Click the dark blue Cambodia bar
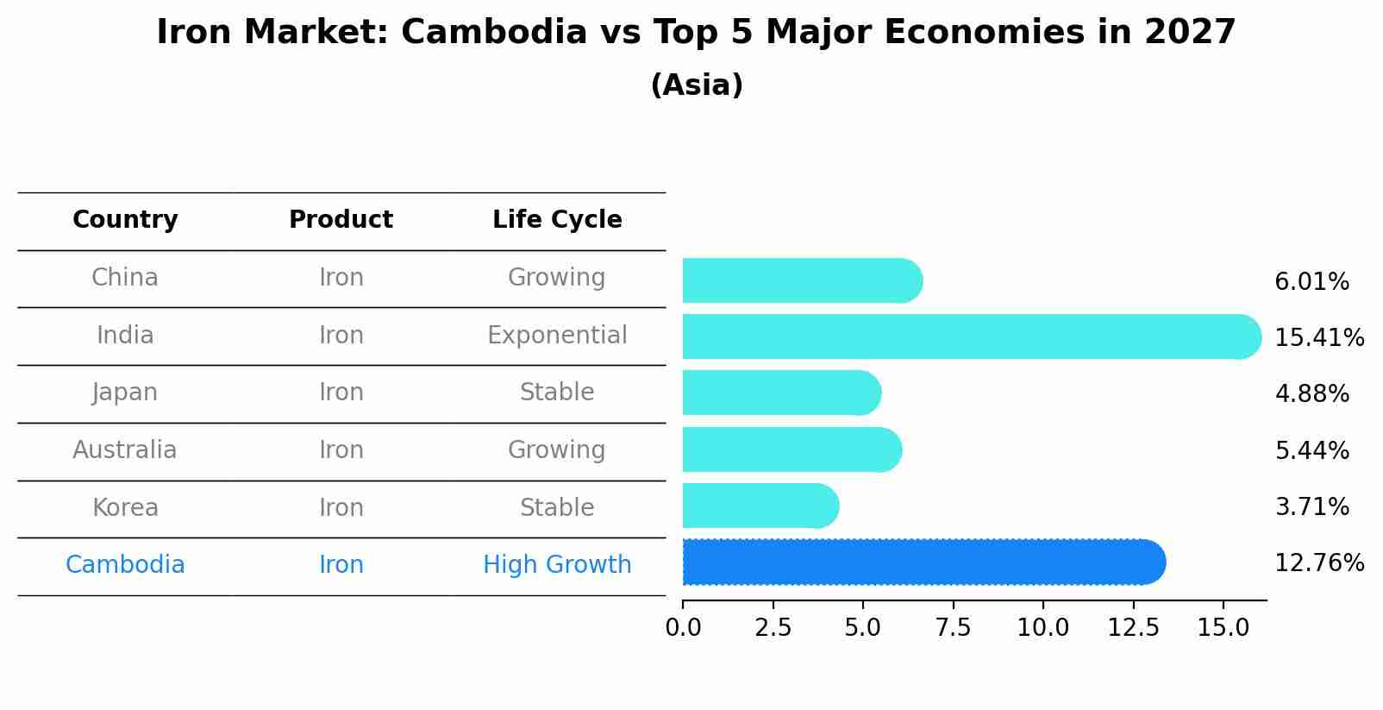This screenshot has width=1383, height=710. click(x=923, y=562)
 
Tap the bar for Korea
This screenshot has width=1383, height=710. click(x=760, y=506)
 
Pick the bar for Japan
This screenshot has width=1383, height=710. click(x=780, y=393)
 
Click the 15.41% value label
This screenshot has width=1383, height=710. click(x=1318, y=337)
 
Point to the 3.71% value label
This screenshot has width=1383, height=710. click(x=1311, y=506)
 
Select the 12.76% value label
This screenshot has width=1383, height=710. click(x=1318, y=563)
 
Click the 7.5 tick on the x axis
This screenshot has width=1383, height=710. click(x=953, y=628)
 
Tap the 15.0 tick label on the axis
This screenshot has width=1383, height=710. click(x=1223, y=628)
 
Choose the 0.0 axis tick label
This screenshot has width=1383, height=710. click(x=683, y=628)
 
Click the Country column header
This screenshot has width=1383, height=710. click(x=125, y=220)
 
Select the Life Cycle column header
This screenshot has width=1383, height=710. click(x=557, y=220)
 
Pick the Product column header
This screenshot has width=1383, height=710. click(x=341, y=220)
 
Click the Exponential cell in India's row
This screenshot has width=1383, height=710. click(x=557, y=336)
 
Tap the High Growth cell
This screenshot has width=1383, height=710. click(x=557, y=565)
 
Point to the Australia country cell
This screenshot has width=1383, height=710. click(x=125, y=450)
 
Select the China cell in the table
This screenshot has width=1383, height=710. click(x=125, y=278)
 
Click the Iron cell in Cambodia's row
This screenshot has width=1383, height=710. click(x=341, y=565)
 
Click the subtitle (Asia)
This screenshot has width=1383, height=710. click(x=697, y=85)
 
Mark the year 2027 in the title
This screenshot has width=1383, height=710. click(x=1190, y=33)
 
